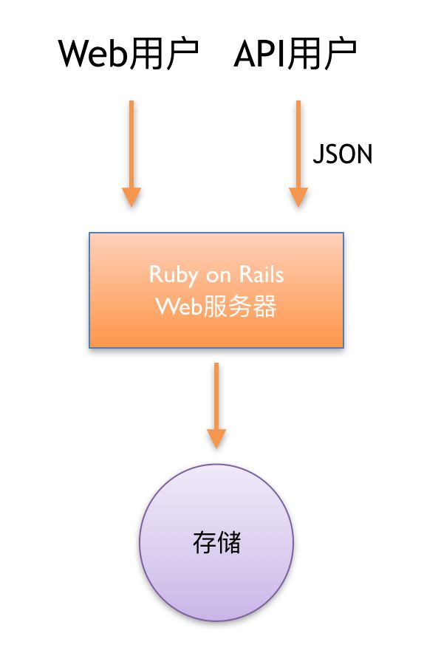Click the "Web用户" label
coord(129,54)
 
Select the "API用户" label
coord(295,54)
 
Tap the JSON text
coord(342,154)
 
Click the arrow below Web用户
coord(131,153)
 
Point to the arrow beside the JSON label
coord(298,153)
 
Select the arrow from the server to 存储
coord(216,406)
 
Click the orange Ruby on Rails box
coord(216,290)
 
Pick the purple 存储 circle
coord(216,543)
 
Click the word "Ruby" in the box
coord(174,276)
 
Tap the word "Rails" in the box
coord(261,275)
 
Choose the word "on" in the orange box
coord(219,276)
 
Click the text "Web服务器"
coord(216,307)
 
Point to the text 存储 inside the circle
coord(216,542)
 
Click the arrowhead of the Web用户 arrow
coord(131,197)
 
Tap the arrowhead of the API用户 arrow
coord(298,197)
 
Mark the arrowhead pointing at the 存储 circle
coord(216,439)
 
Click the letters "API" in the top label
coord(260,54)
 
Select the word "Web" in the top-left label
coord(92,54)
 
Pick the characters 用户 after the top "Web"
coord(163,54)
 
